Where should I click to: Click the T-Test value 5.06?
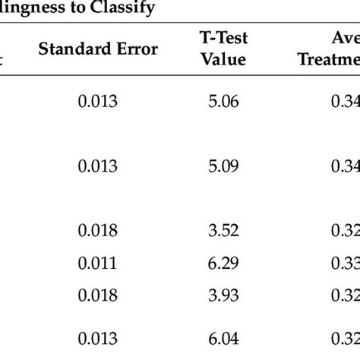point(223,101)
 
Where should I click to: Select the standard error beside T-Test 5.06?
point(98,101)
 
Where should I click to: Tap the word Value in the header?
point(223,58)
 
